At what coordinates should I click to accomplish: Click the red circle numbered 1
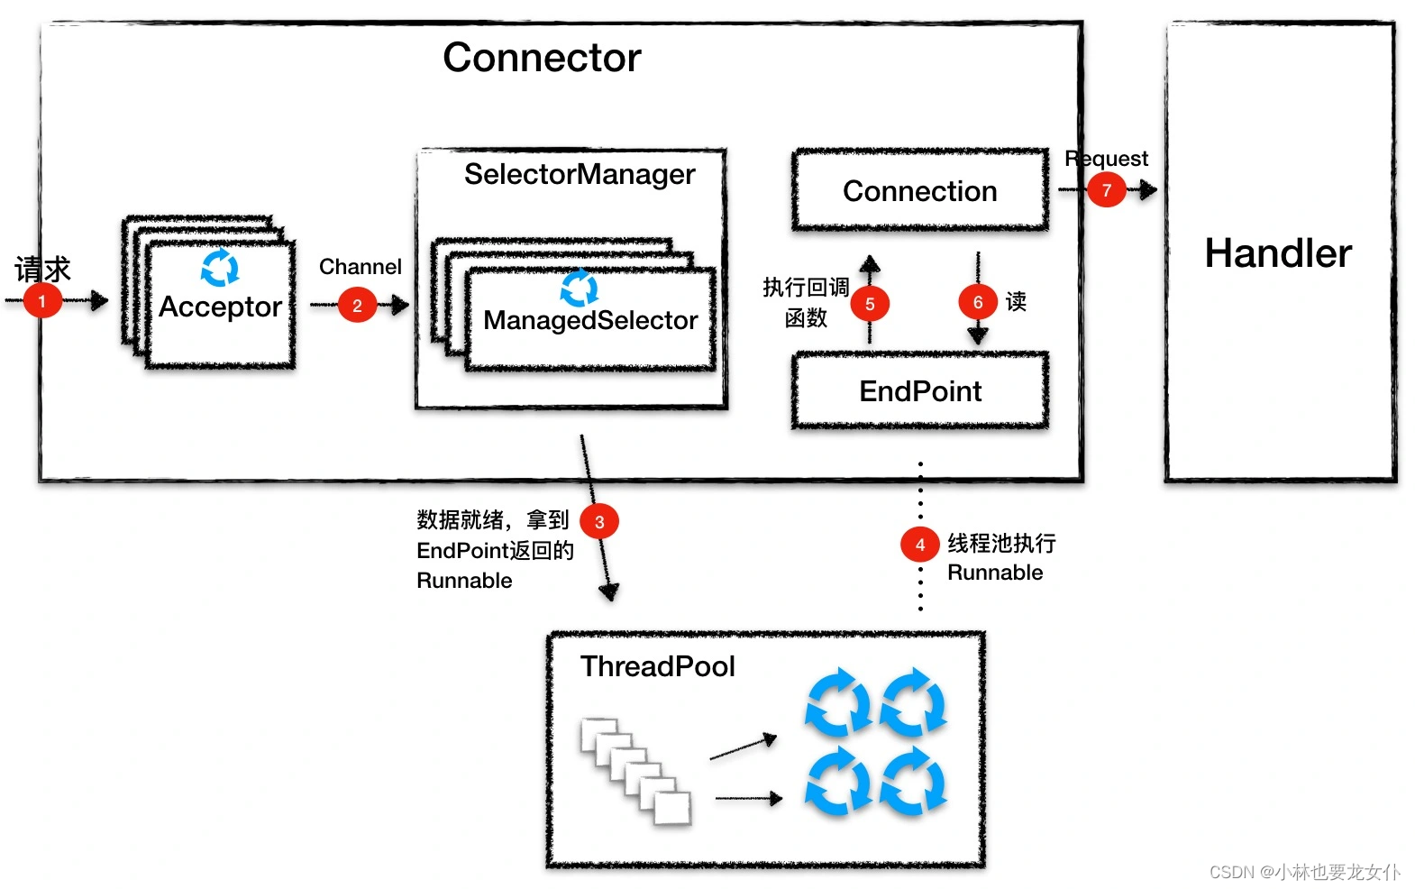41,301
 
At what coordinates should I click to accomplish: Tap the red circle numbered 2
357,305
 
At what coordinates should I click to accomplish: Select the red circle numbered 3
599,521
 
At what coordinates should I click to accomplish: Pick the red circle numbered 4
919,545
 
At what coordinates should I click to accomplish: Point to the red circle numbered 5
870,304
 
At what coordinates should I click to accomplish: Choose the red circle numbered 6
978,302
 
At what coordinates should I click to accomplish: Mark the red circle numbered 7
1106,190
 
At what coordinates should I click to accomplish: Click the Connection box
920,191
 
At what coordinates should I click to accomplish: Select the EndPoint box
920,391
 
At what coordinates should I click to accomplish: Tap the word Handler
1278,253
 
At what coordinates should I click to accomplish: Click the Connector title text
542,58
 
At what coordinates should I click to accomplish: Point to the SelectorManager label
580,174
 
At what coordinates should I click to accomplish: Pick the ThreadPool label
658,666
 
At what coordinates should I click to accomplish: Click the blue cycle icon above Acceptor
220,268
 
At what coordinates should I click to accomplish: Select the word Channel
361,267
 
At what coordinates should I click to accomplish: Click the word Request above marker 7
1106,159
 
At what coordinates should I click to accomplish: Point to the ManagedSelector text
590,320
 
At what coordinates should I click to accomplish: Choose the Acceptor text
220,307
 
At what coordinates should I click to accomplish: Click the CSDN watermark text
1304,872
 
